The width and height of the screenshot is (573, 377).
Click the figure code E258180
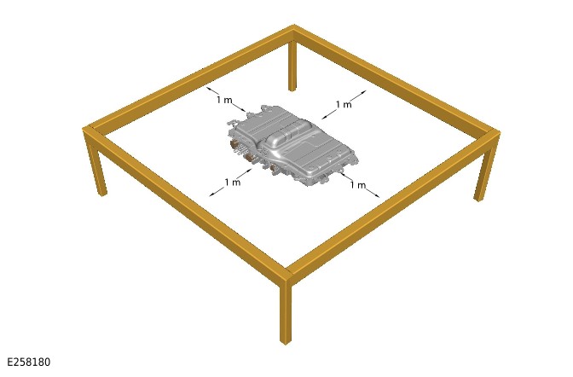pos(29,362)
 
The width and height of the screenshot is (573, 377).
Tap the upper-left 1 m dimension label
pos(224,100)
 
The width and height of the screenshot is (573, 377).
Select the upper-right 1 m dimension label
pos(344,105)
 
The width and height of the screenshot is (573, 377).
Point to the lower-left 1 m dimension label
pos(233,182)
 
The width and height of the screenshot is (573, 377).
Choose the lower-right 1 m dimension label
pos(358,185)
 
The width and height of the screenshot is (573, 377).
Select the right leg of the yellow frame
pos(484,168)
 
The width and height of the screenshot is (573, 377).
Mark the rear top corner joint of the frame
pos(294,30)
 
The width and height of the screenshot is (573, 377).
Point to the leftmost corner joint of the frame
pos(90,130)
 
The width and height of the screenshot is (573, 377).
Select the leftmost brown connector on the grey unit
pos(233,144)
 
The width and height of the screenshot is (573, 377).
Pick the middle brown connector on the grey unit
pos(251,157)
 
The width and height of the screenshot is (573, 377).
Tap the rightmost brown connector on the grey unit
pos(274,168)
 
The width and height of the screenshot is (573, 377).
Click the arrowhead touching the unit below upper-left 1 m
pos(244,110)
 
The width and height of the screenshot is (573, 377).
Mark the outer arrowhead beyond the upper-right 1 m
pos(362,92)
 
